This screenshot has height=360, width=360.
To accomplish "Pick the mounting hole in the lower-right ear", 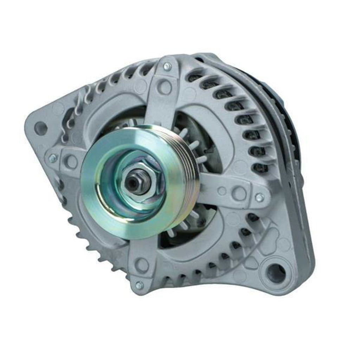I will (276, 273).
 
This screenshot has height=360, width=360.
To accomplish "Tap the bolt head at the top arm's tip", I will (167, 66).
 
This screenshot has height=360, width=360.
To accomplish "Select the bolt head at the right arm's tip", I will (259, 198).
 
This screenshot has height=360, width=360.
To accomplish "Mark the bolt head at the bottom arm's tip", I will (139, 285).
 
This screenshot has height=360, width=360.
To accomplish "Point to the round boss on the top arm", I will (164, 86).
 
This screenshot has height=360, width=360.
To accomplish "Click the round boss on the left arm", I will (72, 162).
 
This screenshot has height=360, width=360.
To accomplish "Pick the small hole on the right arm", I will (222, 191).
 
